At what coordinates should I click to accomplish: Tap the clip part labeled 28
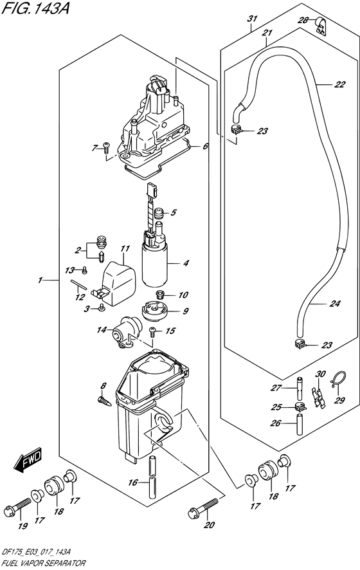point(319,25)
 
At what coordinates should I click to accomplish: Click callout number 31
point(251,19)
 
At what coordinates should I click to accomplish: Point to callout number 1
point(40,280)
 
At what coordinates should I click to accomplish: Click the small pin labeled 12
point(77,285)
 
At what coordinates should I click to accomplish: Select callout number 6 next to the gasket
point(205,146)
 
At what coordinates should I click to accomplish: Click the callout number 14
point(101,330)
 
